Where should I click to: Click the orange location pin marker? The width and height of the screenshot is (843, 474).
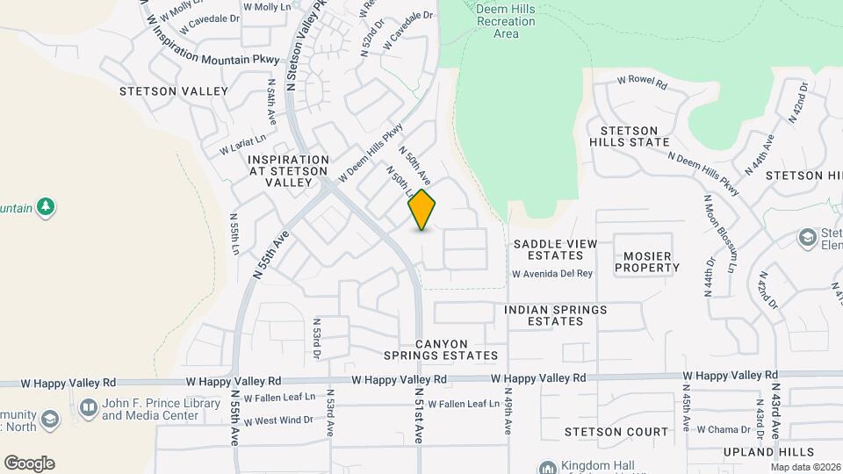421,210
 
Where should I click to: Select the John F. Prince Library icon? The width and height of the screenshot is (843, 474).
88,407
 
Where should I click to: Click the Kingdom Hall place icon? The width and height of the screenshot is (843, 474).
548,467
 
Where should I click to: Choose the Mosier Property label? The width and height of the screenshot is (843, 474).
647,262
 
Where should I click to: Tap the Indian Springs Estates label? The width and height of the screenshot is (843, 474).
555,315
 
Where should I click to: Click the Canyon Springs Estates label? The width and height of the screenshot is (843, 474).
440,349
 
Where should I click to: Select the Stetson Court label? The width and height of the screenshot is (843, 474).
616,432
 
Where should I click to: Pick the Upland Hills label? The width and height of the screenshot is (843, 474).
760,451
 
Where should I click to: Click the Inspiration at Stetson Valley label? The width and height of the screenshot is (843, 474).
289,170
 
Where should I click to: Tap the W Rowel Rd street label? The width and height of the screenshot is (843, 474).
642,80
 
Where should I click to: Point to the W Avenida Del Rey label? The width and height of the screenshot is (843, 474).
552,274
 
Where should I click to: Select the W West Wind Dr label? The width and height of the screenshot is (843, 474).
278,420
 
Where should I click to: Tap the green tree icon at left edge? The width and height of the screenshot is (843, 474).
46,207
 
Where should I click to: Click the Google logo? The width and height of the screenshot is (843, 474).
29,463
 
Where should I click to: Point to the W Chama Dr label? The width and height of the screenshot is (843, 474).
723,430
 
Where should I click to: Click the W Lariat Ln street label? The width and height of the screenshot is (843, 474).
242,140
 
